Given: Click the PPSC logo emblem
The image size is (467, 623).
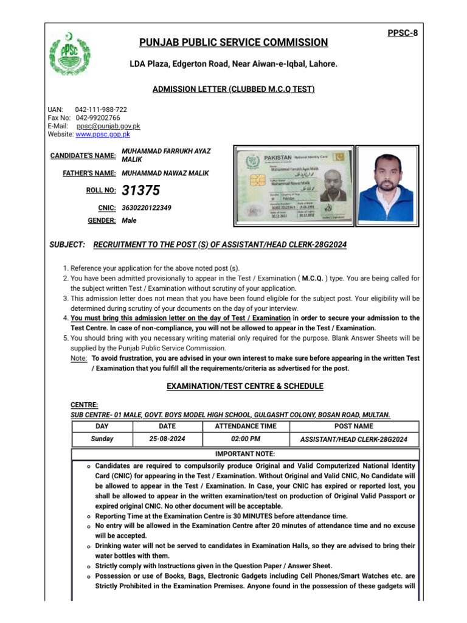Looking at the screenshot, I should [x=72, y=54].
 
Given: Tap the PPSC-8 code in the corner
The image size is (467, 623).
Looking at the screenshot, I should [x=402, y=33].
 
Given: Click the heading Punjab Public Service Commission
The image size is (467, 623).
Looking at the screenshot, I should [x=233, y=43].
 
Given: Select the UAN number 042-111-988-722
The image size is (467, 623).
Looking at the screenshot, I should [x=101, y=110].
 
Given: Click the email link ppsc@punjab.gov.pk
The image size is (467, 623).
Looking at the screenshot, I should [x=108, y=126].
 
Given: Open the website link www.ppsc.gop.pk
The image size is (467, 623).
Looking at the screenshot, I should [x=102, y=134].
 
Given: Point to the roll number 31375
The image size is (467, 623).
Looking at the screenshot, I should [x=141, y=191].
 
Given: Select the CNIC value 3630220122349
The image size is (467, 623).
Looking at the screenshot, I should [x=147, y=208].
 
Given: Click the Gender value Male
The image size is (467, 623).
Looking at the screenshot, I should [x=129, y=221].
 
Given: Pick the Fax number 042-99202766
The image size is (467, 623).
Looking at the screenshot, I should [x=98, y=117].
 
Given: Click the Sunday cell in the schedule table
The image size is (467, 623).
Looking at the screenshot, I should [x=102, y=439].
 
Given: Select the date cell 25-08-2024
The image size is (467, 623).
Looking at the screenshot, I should [x=167, y=439].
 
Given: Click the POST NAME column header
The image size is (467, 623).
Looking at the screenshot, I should [x=354, y=426].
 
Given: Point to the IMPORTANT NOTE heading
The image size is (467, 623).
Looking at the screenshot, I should [x=245, y=454].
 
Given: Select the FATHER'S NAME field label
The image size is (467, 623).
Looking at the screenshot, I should [x=89, y=173].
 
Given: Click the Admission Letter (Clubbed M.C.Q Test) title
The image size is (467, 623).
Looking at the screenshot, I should [x=233, y=89].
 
